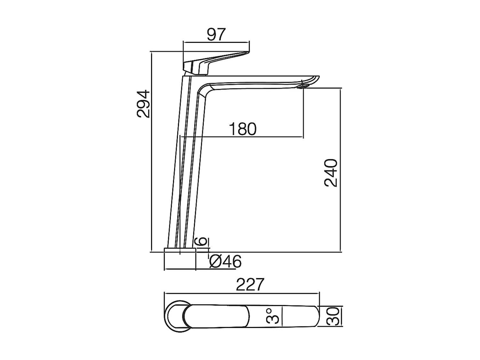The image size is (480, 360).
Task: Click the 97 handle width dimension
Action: pos(216,35)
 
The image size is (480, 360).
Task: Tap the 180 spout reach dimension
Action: pos(243,129)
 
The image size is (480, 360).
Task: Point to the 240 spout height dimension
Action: pos(331,173)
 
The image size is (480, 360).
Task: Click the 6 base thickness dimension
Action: pos(202,242)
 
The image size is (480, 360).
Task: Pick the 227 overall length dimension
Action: pos(250,284)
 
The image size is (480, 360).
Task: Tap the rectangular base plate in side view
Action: pos(180,250)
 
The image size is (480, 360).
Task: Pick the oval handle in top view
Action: pos(216,316)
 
